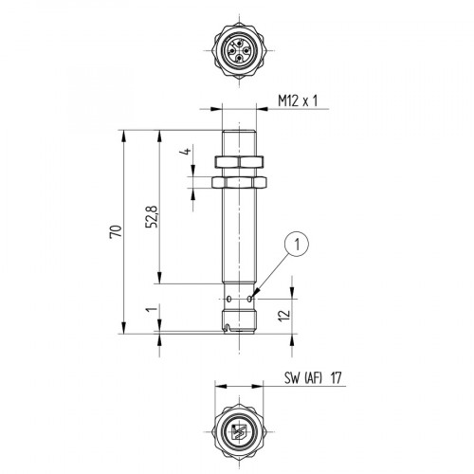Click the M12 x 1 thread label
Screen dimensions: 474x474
click(298, 98)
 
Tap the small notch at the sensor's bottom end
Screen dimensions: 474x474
click(232, 329)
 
